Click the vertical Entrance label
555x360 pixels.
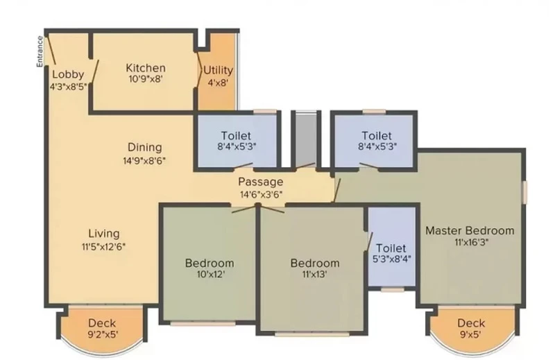point(40,51)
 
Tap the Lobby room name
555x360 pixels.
point(68,74)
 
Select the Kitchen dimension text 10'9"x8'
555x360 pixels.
point(146,78)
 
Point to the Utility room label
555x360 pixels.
point(218,70)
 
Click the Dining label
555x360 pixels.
point(145,147)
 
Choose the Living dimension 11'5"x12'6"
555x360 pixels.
point(103,246)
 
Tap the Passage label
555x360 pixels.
point(261,182)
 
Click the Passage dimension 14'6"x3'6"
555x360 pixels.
point(261,194)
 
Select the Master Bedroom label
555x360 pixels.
point(470,230)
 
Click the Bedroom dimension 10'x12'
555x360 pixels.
point(211,275)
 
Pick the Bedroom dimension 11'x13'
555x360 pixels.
point(315,275)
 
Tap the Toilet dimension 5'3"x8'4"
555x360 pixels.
point(391,259)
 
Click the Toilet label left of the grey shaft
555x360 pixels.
point(236,135)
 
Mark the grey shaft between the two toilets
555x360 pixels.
point(306,139)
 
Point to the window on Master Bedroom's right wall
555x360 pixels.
point(525,192)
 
